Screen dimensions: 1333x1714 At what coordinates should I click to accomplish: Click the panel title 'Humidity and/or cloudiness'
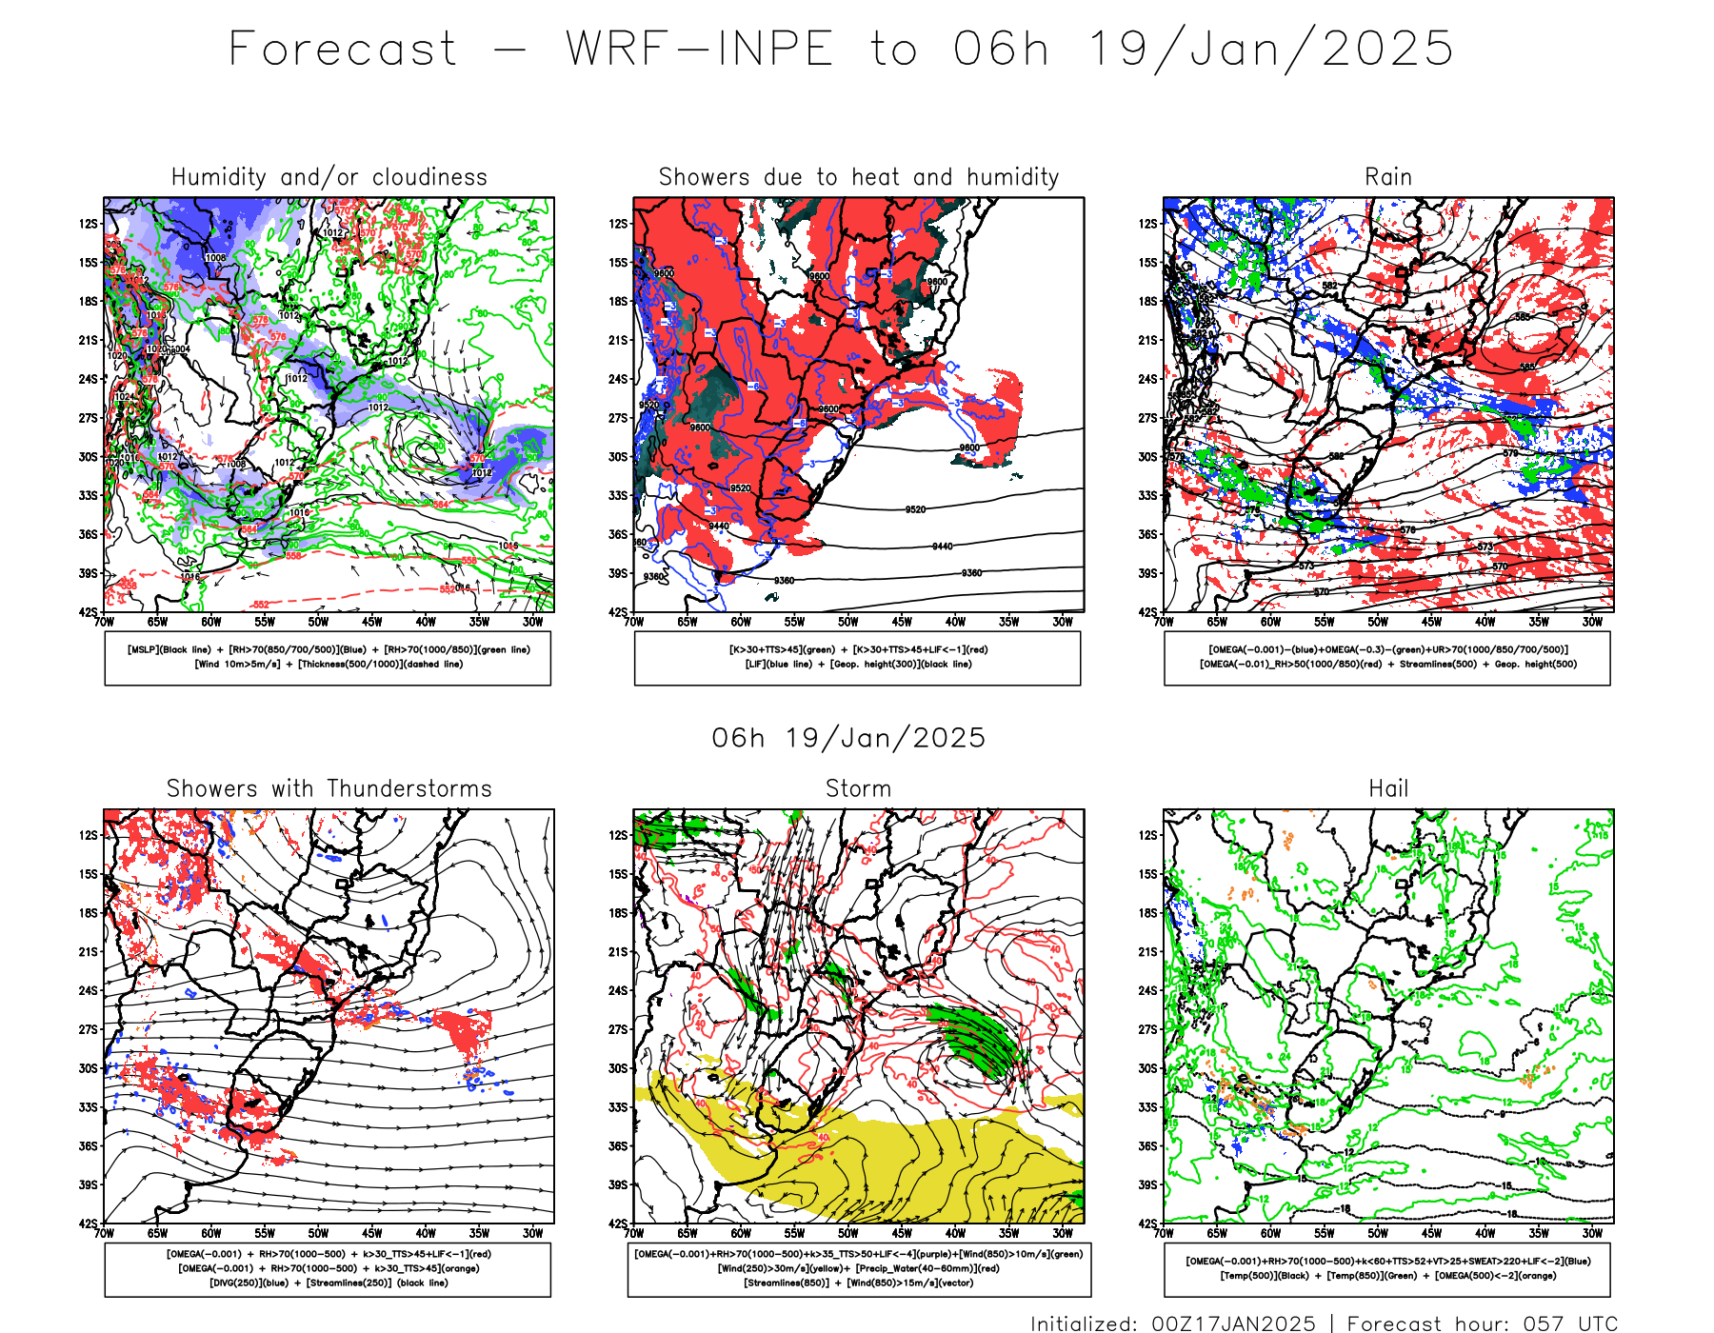[329, 177]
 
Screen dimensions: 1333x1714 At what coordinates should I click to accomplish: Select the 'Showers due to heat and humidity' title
[859, 177]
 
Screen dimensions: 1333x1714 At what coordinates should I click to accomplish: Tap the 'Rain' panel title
[1387, 177]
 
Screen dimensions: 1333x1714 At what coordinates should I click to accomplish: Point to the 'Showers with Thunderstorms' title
[329, 788]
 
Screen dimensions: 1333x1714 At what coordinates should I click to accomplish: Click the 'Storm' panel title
[858, 788]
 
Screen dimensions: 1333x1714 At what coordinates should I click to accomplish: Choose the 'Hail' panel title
[1387, 788]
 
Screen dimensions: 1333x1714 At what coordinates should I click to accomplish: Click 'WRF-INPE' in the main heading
[700, 49]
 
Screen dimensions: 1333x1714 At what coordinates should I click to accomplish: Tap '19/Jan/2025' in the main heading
[1270, 49]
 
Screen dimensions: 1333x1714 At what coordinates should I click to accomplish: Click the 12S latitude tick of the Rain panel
[1148, 224]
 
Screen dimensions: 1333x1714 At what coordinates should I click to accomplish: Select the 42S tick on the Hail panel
[1148, 1224]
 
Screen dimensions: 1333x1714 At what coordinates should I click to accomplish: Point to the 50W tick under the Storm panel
[847, 1233]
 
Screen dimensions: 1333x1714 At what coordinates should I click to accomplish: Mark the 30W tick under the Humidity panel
[532, 622]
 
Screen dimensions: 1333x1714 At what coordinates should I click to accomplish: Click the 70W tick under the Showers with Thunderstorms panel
[104, 1233]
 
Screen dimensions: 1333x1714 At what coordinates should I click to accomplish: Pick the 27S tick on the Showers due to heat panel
[619, 418]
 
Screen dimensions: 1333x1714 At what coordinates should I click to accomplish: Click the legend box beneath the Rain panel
[1387, 658]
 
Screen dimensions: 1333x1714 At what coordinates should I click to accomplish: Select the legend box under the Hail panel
[1387, 1268]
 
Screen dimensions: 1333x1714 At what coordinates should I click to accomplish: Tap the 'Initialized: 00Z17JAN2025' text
[1172, 1323]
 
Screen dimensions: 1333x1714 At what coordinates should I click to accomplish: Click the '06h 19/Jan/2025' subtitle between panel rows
[848, 738]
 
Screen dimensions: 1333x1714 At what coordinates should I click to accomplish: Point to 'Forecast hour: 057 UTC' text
[1482, 1323]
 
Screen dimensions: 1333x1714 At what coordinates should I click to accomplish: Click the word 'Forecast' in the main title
[344, 49]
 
